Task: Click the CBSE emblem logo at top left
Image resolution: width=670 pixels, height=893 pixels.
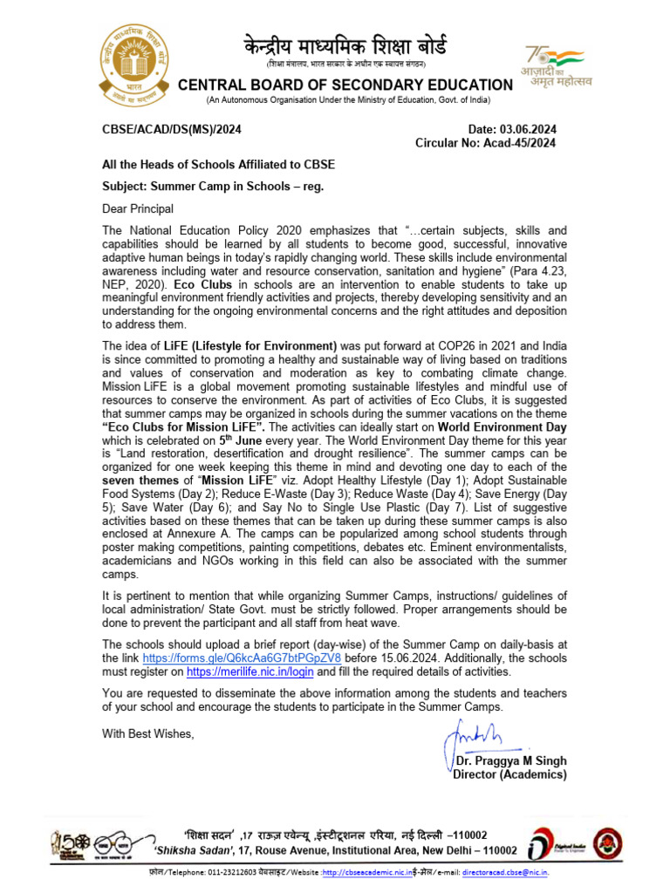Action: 134,63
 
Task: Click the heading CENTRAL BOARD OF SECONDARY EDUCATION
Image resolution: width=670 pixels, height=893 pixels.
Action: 345,85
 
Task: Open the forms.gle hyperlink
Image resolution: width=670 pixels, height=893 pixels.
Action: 241,657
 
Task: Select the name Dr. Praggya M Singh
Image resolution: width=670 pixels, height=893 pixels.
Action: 511,761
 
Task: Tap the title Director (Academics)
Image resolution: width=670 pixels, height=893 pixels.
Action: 509,774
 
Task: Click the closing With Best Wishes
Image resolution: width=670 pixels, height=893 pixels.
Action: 147,733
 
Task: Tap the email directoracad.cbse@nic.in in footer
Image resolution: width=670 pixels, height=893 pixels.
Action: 509,871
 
